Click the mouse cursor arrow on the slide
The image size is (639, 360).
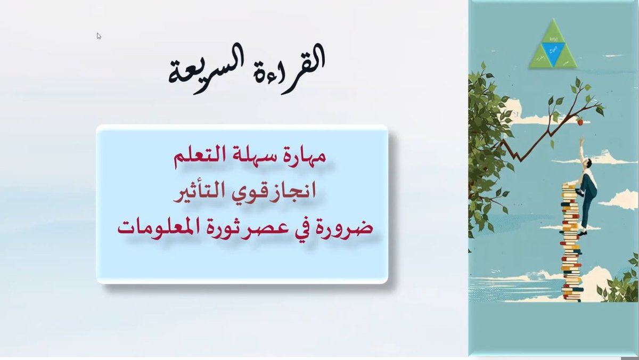coord(99,36)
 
